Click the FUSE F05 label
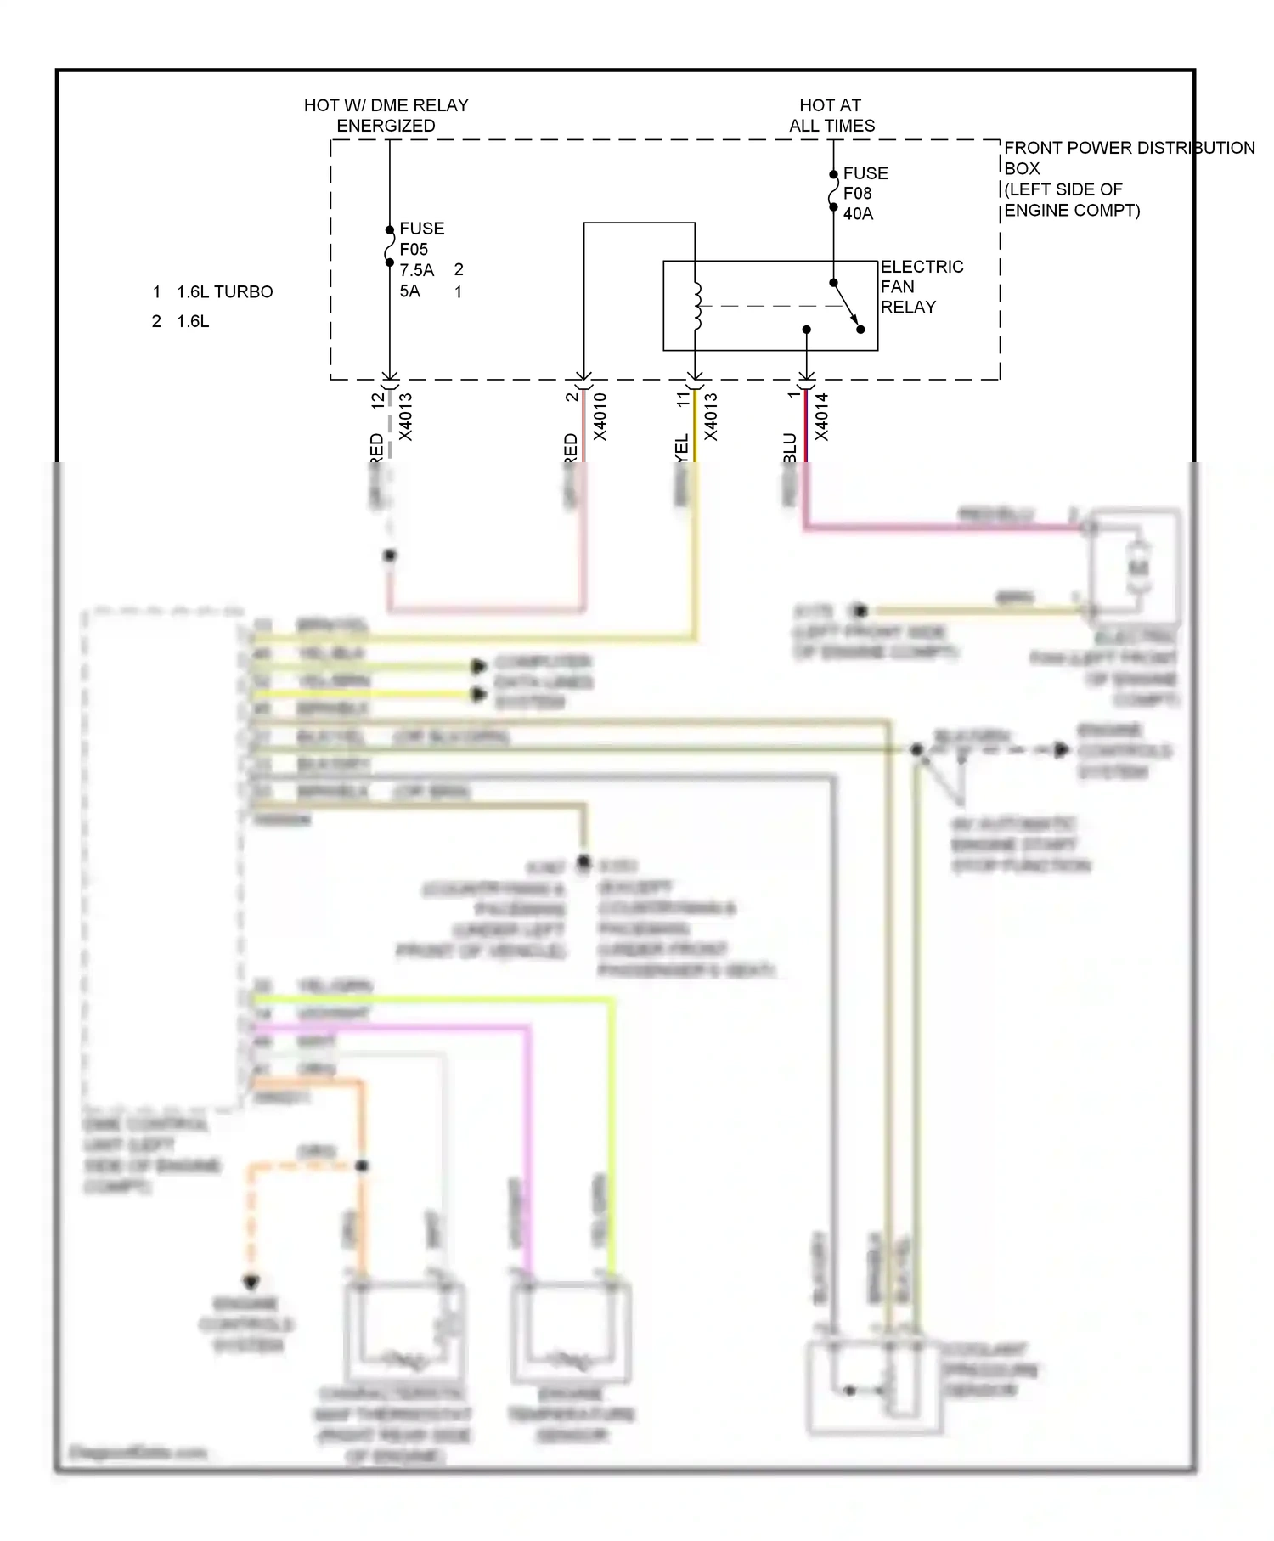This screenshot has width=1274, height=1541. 421,240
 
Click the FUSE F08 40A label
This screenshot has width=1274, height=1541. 865,194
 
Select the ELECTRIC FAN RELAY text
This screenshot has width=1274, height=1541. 921,287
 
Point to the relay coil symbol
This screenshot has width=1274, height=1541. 696,306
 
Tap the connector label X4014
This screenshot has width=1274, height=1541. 821,416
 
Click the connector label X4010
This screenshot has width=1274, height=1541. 600,416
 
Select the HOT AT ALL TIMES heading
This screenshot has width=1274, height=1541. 831,116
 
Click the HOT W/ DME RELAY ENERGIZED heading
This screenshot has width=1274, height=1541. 386,116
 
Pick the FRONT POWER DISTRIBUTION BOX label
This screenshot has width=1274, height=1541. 1128,178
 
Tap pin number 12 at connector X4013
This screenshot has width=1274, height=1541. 378,400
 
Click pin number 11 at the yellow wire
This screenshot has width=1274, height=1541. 683,399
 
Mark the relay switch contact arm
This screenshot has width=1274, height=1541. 846,304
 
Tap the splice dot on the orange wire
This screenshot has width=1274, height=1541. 362,1166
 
